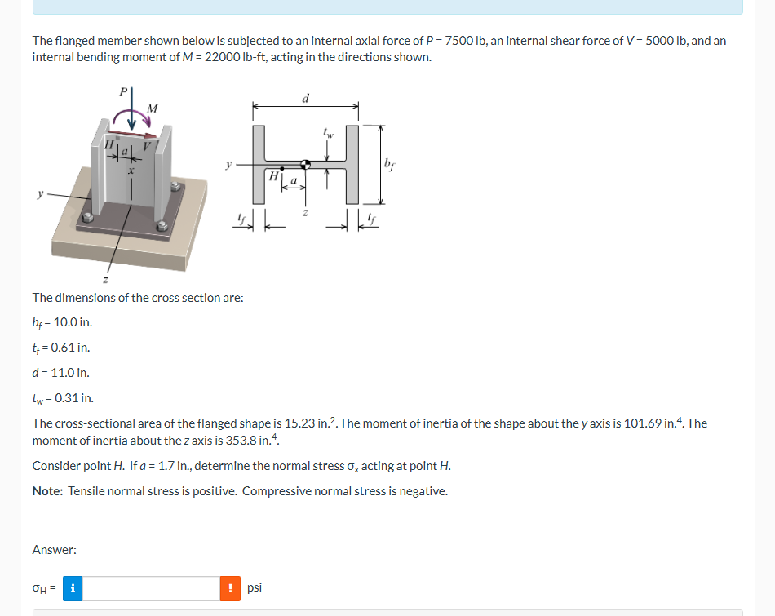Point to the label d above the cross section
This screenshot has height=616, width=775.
306,99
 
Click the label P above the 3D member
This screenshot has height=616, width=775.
124,92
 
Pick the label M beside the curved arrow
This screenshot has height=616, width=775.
153,108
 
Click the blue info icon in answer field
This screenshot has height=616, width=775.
71,588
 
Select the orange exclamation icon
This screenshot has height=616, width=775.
230,588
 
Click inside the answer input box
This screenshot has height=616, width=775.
151,588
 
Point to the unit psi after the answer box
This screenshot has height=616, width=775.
254,587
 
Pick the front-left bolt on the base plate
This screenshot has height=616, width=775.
85,219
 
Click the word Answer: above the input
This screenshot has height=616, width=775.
54,550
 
